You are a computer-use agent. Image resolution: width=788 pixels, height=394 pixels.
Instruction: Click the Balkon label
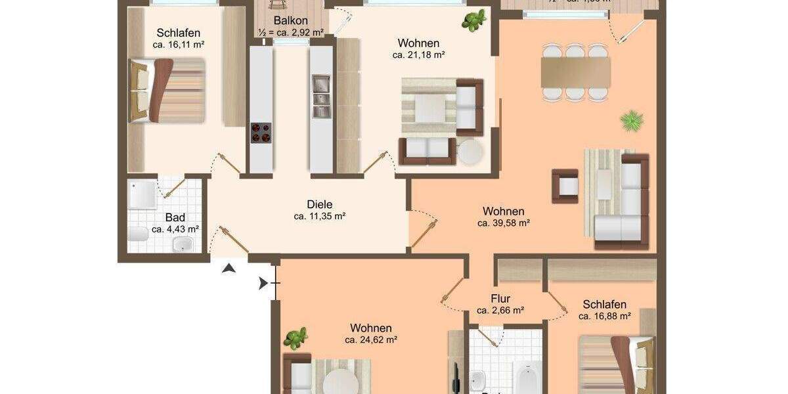click(291, 20)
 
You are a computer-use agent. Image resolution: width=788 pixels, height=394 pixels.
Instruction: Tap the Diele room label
click(320, 204)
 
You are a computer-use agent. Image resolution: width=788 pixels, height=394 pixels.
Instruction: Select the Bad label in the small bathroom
click(175, 217)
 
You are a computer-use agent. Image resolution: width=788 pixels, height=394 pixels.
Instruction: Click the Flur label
click(500, 299)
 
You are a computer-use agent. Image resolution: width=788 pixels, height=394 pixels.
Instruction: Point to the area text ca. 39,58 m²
click(504, 223)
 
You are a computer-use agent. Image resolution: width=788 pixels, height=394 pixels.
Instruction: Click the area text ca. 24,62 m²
click(371, 340)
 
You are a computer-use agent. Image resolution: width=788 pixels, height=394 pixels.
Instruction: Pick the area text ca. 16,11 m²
click(179, 45)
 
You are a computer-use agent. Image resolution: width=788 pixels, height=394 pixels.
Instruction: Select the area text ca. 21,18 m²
click(419, 55)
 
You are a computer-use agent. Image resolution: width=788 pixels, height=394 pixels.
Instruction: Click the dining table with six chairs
click(576, 72)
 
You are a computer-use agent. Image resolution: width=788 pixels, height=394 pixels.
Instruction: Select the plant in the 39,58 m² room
click(632, 120)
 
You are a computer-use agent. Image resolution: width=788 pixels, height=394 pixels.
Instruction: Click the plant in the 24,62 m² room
click(295, 338)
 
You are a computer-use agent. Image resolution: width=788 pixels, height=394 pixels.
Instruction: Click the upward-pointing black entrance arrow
click(229, 267)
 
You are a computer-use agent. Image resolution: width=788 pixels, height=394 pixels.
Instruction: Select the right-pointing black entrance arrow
click(263, 284)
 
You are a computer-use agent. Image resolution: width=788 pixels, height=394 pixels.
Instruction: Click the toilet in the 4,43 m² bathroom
click(139, 234)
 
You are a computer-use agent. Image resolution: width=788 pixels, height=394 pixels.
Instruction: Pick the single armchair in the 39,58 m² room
click(565, 186)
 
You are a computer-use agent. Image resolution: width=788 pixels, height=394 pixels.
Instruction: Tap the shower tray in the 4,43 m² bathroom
click(143, 194)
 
